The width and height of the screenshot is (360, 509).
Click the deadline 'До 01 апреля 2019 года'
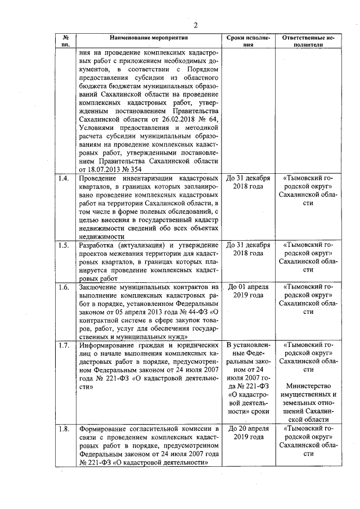(x=248, y=291)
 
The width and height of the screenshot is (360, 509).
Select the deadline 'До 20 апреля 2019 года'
(x=248, y=433)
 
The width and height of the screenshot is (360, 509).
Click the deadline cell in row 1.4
(x=248, y=183)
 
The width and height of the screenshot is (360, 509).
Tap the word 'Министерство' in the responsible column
(x=308, y=386)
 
